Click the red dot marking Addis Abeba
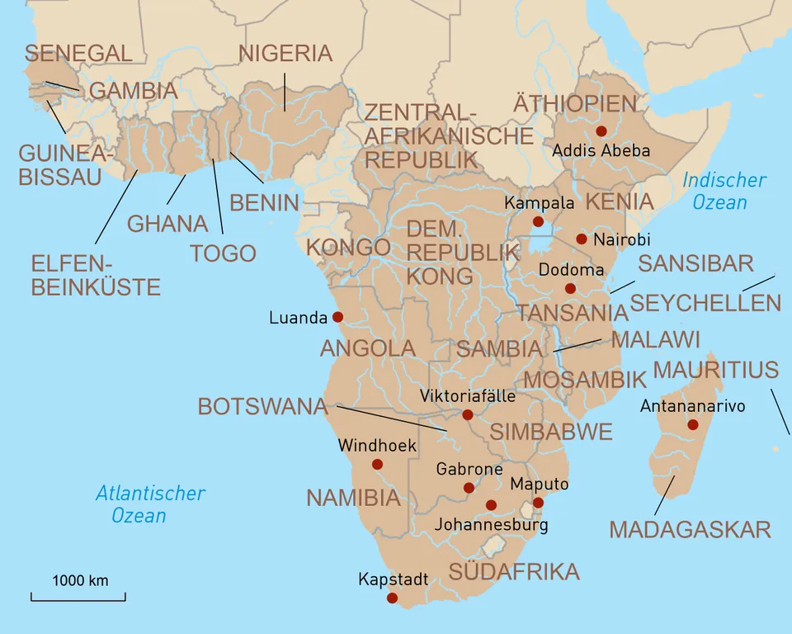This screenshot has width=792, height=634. pos(601,131)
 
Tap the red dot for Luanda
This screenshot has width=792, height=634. pos(337,317)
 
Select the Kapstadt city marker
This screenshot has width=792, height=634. pos(392,598)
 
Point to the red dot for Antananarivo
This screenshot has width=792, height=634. pos(692,424)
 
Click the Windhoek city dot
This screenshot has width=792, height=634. pos(377,464)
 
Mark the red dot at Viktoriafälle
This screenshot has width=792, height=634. pos(468,414)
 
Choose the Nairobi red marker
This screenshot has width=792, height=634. pos(581,239)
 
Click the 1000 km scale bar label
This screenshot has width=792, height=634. pos(80,580)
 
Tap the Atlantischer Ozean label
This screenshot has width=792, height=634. pos(149,504)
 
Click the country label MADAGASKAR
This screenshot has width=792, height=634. pos(690,530)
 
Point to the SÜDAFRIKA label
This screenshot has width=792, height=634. pos(513,571)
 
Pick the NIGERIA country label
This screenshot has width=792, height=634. pos(285,54)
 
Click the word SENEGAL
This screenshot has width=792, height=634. pos(78,54)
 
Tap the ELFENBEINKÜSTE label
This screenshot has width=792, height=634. pos(95,276)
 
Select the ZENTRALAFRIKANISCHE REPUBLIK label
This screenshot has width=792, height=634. pos(449,135)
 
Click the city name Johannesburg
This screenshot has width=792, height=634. pos(491,524)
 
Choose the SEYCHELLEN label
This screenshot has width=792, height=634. pos(705,302)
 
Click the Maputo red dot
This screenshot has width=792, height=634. pos(538,502)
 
